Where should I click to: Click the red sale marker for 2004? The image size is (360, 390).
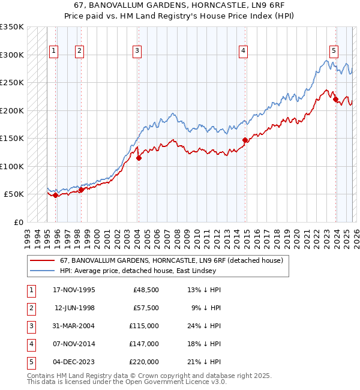pos(139,158)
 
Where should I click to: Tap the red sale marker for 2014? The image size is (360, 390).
pos(245,140)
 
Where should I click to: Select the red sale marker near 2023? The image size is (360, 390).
pos(336,99)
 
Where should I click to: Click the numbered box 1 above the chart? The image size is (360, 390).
pos(54,52)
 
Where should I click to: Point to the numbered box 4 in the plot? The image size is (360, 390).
pos(243,52)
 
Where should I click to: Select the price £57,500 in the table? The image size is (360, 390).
pos(146,308)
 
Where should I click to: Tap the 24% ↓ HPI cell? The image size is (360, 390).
pos(204,326)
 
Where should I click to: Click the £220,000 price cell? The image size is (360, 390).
pos(144,361)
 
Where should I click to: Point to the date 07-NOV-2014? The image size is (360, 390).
pos(74,344)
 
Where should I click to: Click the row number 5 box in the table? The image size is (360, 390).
pos(31,361)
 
